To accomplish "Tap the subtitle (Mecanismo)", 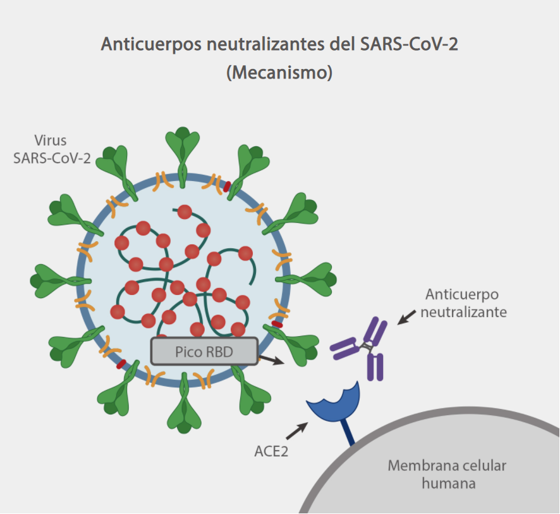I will tap(279, 72).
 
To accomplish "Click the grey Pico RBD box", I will tap(204, 351).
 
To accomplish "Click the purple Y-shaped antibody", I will tap(365, 347).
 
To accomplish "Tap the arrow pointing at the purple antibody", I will tap(406, 317).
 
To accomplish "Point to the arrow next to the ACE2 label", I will tap(297, 431).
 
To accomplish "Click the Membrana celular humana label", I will tap(447, 475).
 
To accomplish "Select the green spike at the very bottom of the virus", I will tap(184, 408).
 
